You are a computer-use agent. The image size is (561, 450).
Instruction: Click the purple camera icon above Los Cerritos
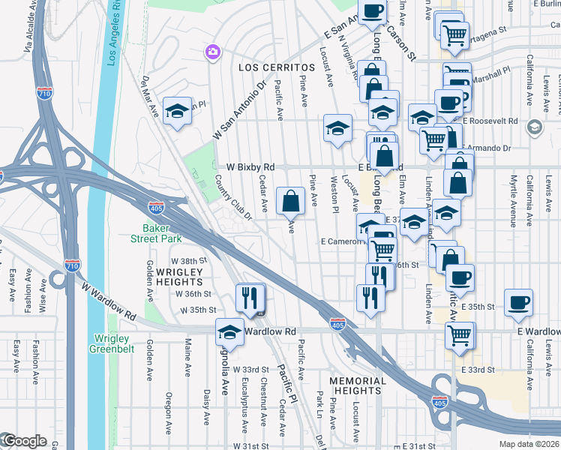tap(213, 52)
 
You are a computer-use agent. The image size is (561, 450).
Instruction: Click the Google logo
tap(24, 441)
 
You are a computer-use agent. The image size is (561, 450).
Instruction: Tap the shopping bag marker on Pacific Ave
tap(290, 201)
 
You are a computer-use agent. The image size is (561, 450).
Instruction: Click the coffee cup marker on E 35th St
tap(518, 302)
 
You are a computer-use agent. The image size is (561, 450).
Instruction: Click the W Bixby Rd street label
tap(245, 166)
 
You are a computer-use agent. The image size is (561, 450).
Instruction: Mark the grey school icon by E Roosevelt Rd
tap(534, 127)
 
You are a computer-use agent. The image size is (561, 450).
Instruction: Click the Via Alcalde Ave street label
tap(29, 27)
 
